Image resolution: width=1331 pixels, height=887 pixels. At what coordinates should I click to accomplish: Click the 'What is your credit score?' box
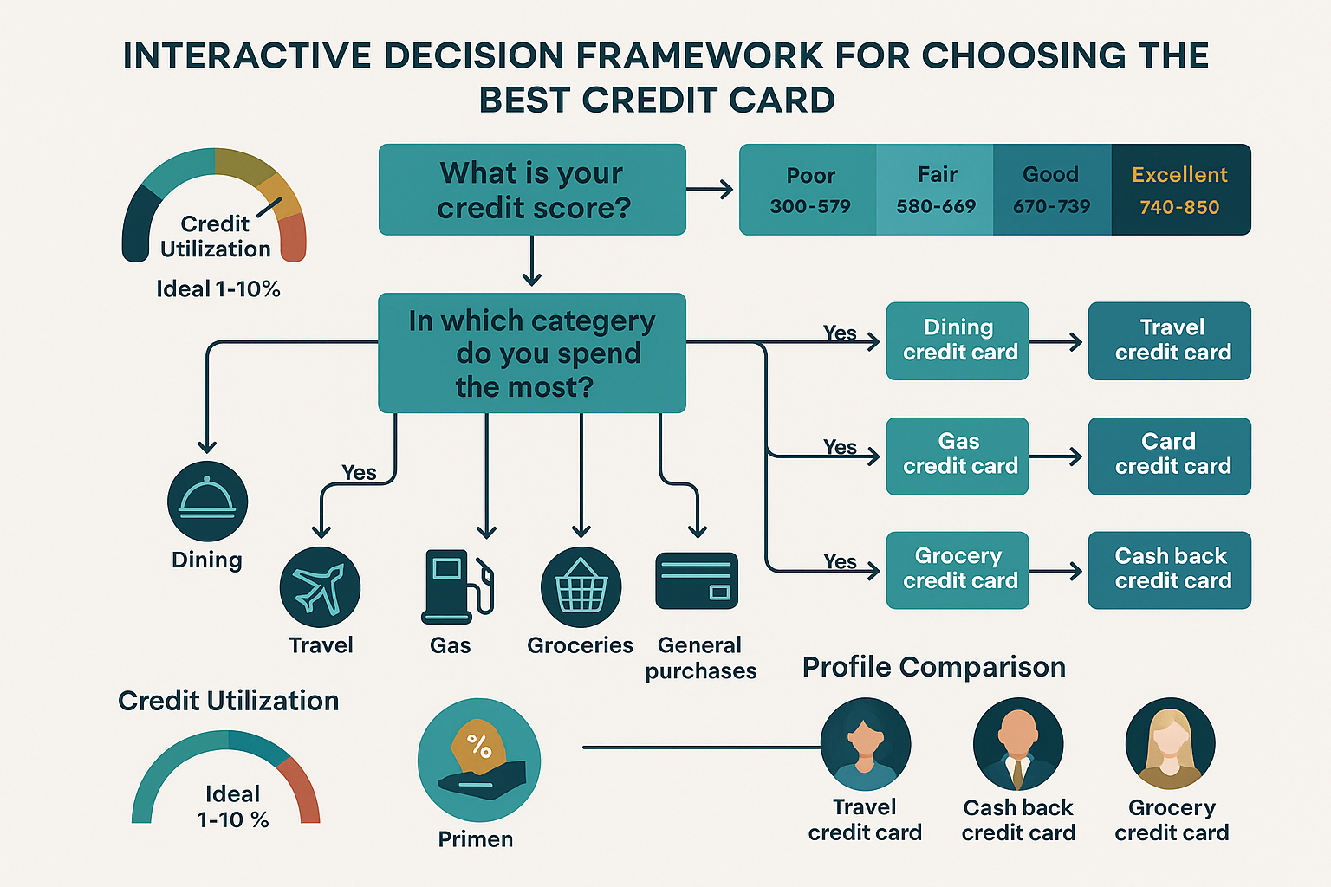coord(532,190)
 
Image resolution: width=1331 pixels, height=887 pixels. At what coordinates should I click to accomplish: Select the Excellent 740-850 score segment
coord(1180,190)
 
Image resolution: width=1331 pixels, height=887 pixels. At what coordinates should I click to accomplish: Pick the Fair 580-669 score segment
coord(935,190)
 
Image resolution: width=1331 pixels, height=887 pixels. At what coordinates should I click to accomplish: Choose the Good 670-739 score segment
coord(1051,190)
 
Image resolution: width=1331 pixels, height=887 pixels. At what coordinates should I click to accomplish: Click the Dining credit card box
coord(958,340)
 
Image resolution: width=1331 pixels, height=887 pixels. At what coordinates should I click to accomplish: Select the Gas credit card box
coord(958,456)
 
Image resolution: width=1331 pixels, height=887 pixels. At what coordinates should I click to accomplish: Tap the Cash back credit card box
coord(1169,570)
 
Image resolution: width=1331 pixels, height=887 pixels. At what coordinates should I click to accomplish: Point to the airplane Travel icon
coord(320,587)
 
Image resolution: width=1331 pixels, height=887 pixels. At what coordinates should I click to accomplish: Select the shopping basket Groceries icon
coord(581,587)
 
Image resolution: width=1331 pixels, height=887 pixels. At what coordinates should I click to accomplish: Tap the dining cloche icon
coord(207,502)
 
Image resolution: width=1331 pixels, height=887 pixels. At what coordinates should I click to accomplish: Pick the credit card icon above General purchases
coord(697,581)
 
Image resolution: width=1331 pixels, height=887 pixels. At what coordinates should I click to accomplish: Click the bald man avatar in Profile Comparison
coord(1018,743)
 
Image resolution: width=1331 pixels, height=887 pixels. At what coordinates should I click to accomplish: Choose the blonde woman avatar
coord(1170,743)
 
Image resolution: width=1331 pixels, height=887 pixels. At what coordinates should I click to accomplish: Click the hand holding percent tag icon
coord(478,760)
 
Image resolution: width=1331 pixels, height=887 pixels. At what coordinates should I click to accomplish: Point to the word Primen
coord(475,839)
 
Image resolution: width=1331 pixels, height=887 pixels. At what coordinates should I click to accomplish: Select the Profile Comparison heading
coord(933,667)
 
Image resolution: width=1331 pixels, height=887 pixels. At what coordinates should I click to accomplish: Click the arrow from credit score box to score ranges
coord(711,190)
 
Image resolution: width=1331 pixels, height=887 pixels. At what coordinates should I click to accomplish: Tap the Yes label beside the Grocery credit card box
coord(840,561)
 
